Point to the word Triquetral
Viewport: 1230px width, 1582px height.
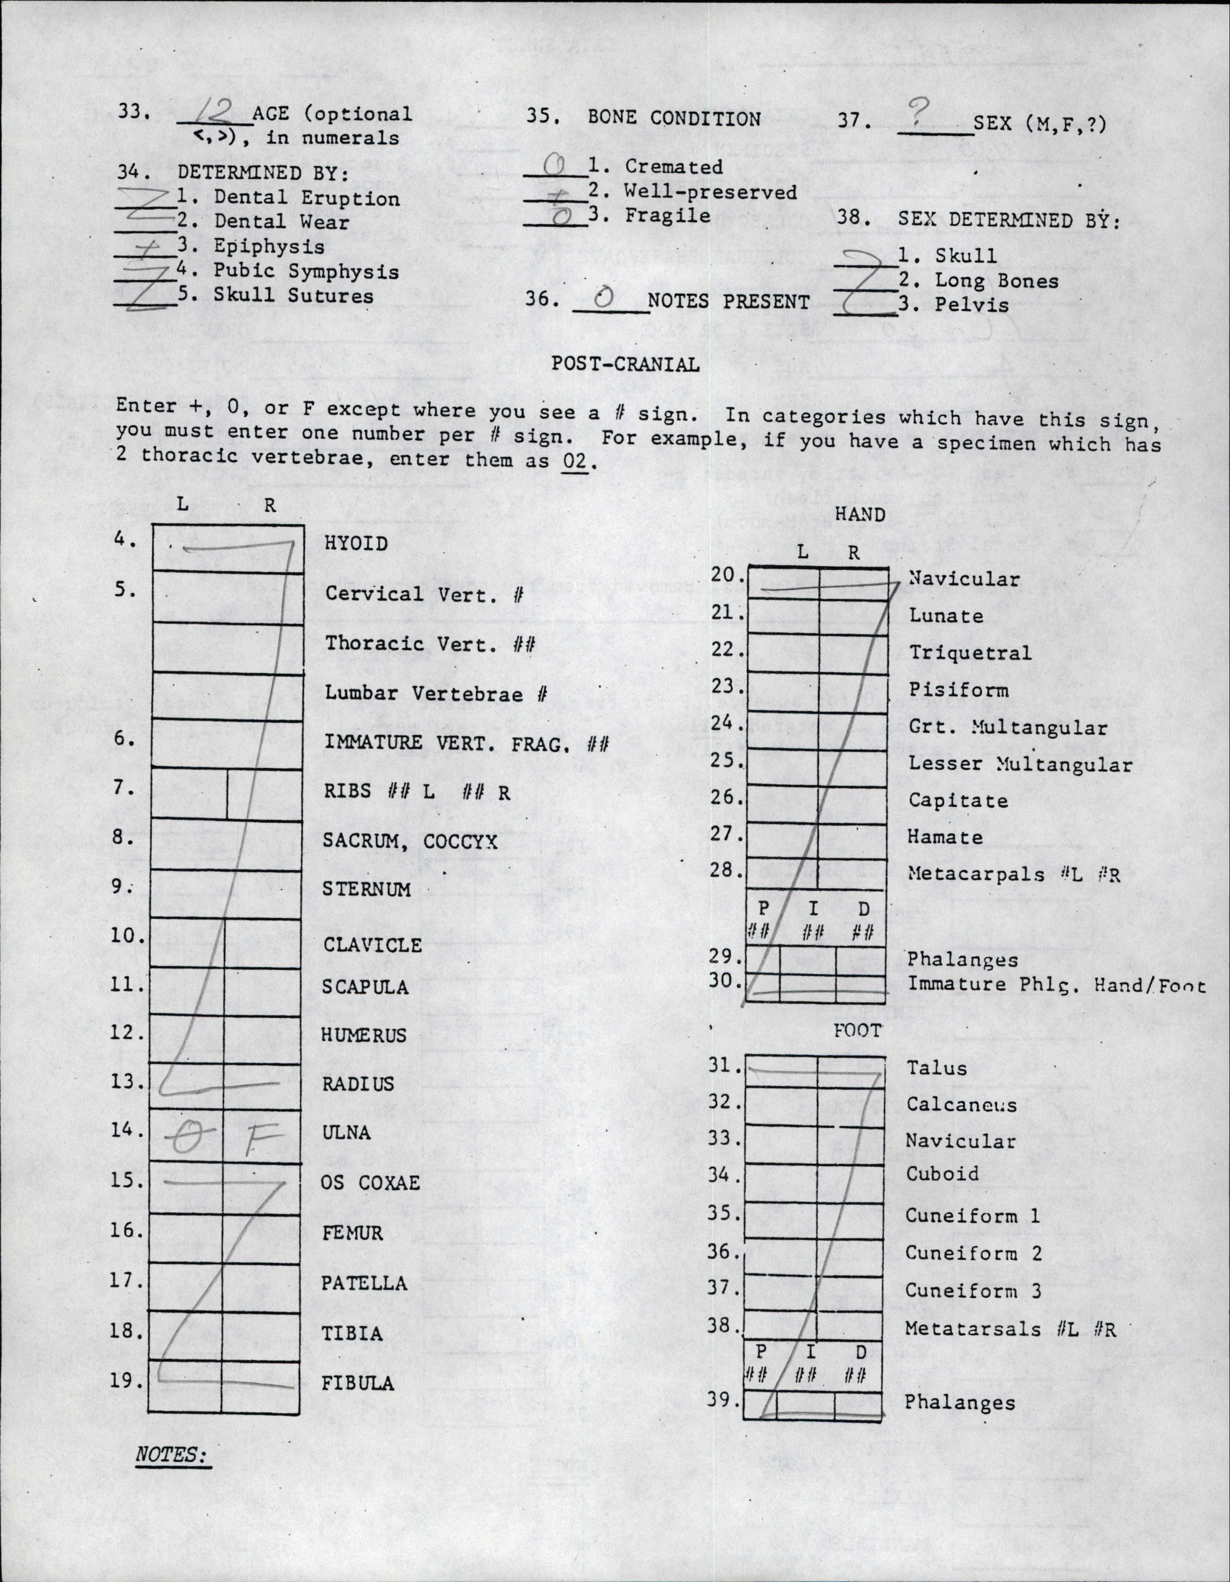pyautogui.click(x=970, y=652)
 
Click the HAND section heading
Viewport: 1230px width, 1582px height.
pyautogui.click(x=860, y=514)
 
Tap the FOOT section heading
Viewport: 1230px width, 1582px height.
pyautogui.click(x=857, y=1030)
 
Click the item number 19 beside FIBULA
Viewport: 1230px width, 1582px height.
pyautogui.click(x=125, y=1380)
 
